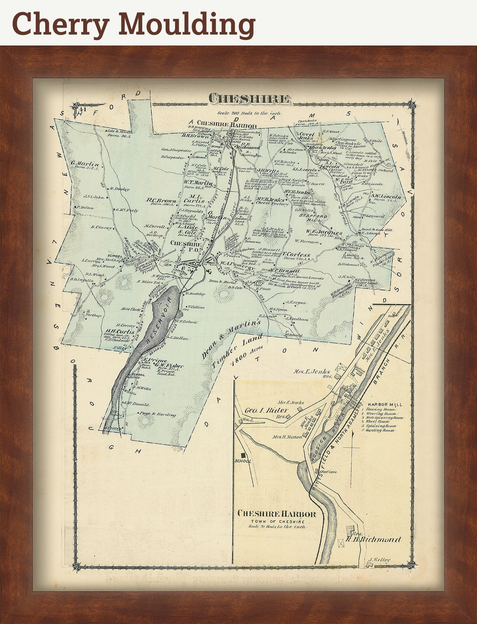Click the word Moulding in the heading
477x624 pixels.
point(187,24)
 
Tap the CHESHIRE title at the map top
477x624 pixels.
point(249,99)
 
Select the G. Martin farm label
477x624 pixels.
point(85,164)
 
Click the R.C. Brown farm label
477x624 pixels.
point(161,200)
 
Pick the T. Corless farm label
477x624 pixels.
point(296,254)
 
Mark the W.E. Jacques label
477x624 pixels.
point(324,233)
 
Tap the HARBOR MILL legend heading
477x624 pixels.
point(385,405)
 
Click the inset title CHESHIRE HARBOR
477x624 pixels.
point(277,514)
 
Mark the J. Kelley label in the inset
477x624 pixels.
point(379,560)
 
